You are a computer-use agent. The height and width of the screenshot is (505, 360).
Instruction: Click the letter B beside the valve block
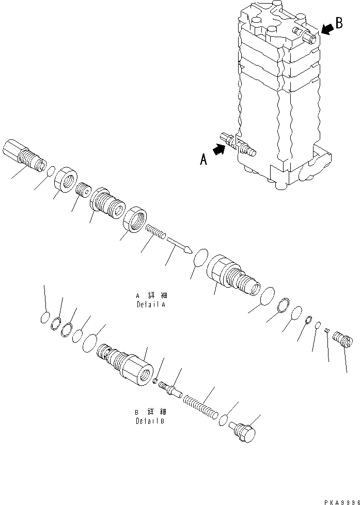(339, 23)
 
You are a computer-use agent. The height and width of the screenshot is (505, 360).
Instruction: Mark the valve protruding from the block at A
(239, 144)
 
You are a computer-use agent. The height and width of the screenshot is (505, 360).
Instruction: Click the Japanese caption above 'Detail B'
(147, 412)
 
